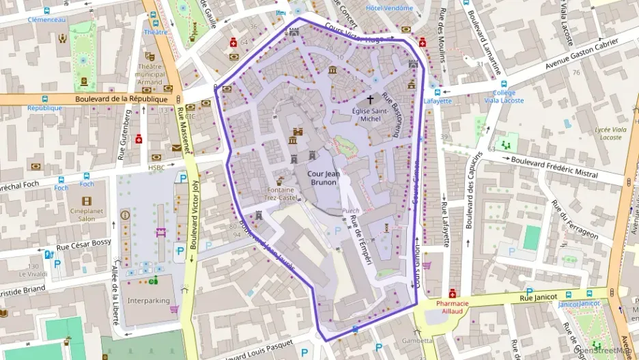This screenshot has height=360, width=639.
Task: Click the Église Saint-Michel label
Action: tap(370, 115)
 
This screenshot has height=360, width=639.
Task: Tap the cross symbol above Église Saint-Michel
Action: tap(370, 99)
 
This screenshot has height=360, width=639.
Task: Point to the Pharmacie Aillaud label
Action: tap(452, 307)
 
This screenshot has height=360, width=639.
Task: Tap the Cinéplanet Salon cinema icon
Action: tap(86, 201)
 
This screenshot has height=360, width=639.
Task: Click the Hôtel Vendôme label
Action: tap(389, 8)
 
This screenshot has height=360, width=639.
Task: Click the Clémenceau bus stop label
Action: tap(46, 20)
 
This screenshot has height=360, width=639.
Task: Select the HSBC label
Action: tap(157, 167)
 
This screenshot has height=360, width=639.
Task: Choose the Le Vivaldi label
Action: tap(32, 275)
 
